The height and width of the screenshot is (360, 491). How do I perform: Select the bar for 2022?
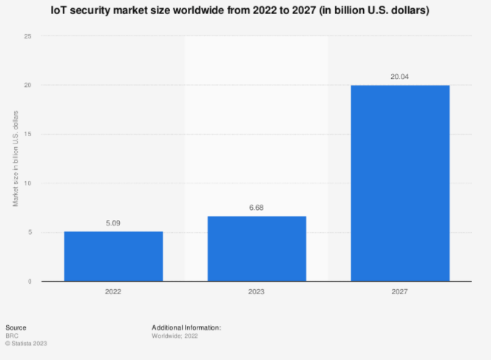coord(113,257)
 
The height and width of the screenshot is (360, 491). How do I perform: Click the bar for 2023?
coord(257,248)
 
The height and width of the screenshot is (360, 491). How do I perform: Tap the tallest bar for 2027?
coord(400,183)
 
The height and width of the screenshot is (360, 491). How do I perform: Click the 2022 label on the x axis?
coord(113,292)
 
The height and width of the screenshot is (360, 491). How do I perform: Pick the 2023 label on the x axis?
coord(257,292)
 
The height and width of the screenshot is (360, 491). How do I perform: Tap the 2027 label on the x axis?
coord(400,292)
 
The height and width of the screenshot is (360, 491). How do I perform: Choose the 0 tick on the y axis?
coord(29,281)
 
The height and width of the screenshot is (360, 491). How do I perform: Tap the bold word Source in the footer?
coord(16,327)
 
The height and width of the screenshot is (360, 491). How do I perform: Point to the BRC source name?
coord(13,335)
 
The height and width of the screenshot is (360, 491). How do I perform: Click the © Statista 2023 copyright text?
coord(26,343)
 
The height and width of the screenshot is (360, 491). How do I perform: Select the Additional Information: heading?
coord(186,327)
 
